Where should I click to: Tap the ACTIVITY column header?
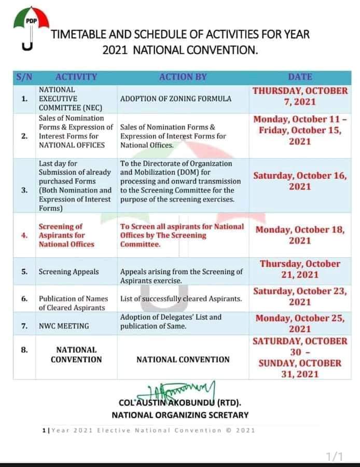[x=76, y=77]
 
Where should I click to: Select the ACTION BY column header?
[x=183, y=77]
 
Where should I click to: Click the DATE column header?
[x=300, y=77]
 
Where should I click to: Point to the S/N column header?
[x=24, y=77]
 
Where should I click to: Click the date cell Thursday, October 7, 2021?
[x=300, y=95]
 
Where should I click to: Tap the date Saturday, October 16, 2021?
[x=300, y=181]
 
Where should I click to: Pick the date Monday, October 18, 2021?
[x=300, y=235]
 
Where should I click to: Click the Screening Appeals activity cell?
[x=68, y=271]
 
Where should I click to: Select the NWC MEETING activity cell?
[x=64, y=326]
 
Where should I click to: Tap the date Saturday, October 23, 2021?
[x=300, y=296]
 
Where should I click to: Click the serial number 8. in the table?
[x=24, y=350]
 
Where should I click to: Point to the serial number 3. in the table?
[x=24, y=190]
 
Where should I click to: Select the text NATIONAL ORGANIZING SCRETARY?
[x=180, y=415]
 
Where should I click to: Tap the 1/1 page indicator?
[x=335, y=456]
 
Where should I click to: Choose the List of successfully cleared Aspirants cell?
[x=181, y=298]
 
